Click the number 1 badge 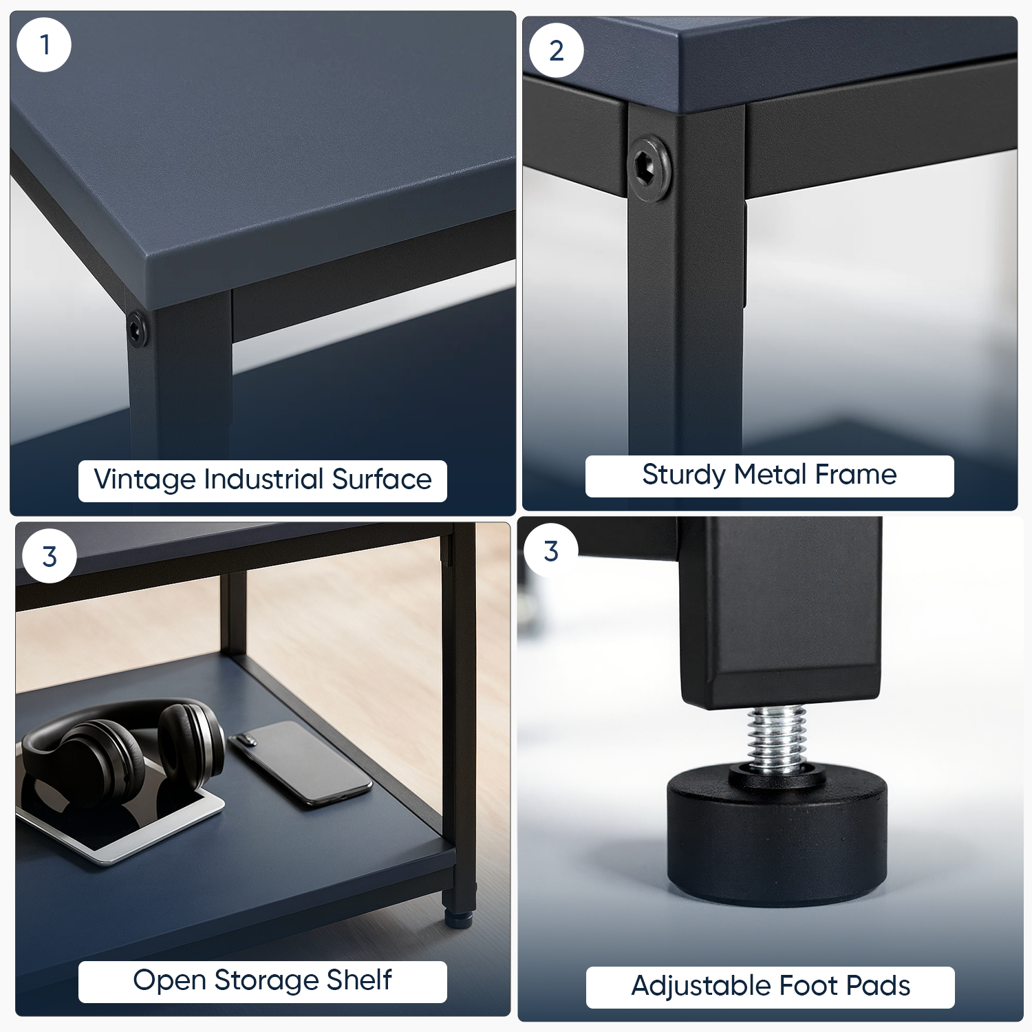44,45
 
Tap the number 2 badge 557,50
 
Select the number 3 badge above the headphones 50,557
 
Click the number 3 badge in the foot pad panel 550,551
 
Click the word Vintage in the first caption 144,480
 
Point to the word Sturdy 684,475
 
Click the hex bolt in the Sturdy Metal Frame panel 650,169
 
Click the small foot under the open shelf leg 457,918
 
